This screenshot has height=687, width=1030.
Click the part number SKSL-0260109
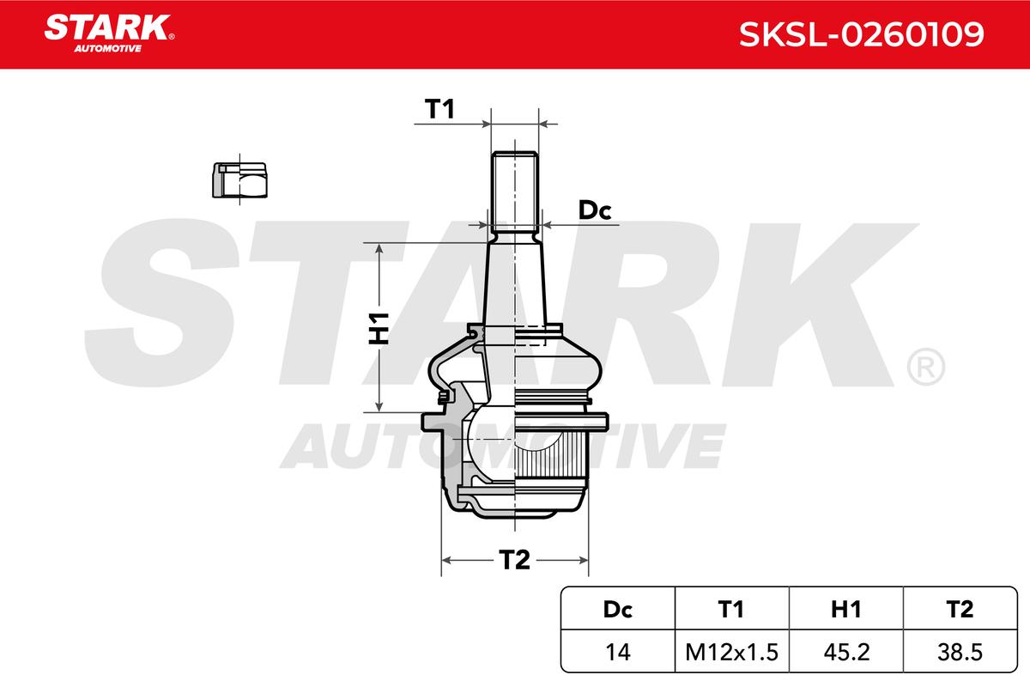coord(861,34)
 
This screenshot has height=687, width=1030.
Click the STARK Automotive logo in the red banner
coord(109,33)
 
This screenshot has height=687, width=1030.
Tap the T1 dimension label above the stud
coord(440,110)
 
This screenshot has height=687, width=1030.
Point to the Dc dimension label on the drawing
coord(595,210)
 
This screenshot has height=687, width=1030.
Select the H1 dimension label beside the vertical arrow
coord(379,329)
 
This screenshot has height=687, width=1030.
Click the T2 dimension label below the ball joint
coord(514,560)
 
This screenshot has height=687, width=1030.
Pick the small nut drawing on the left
coord(239,180)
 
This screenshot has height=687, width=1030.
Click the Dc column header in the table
coord(617,609)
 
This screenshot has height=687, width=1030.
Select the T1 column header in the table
coord(731,609)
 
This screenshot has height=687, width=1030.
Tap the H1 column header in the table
coord(846,609)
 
